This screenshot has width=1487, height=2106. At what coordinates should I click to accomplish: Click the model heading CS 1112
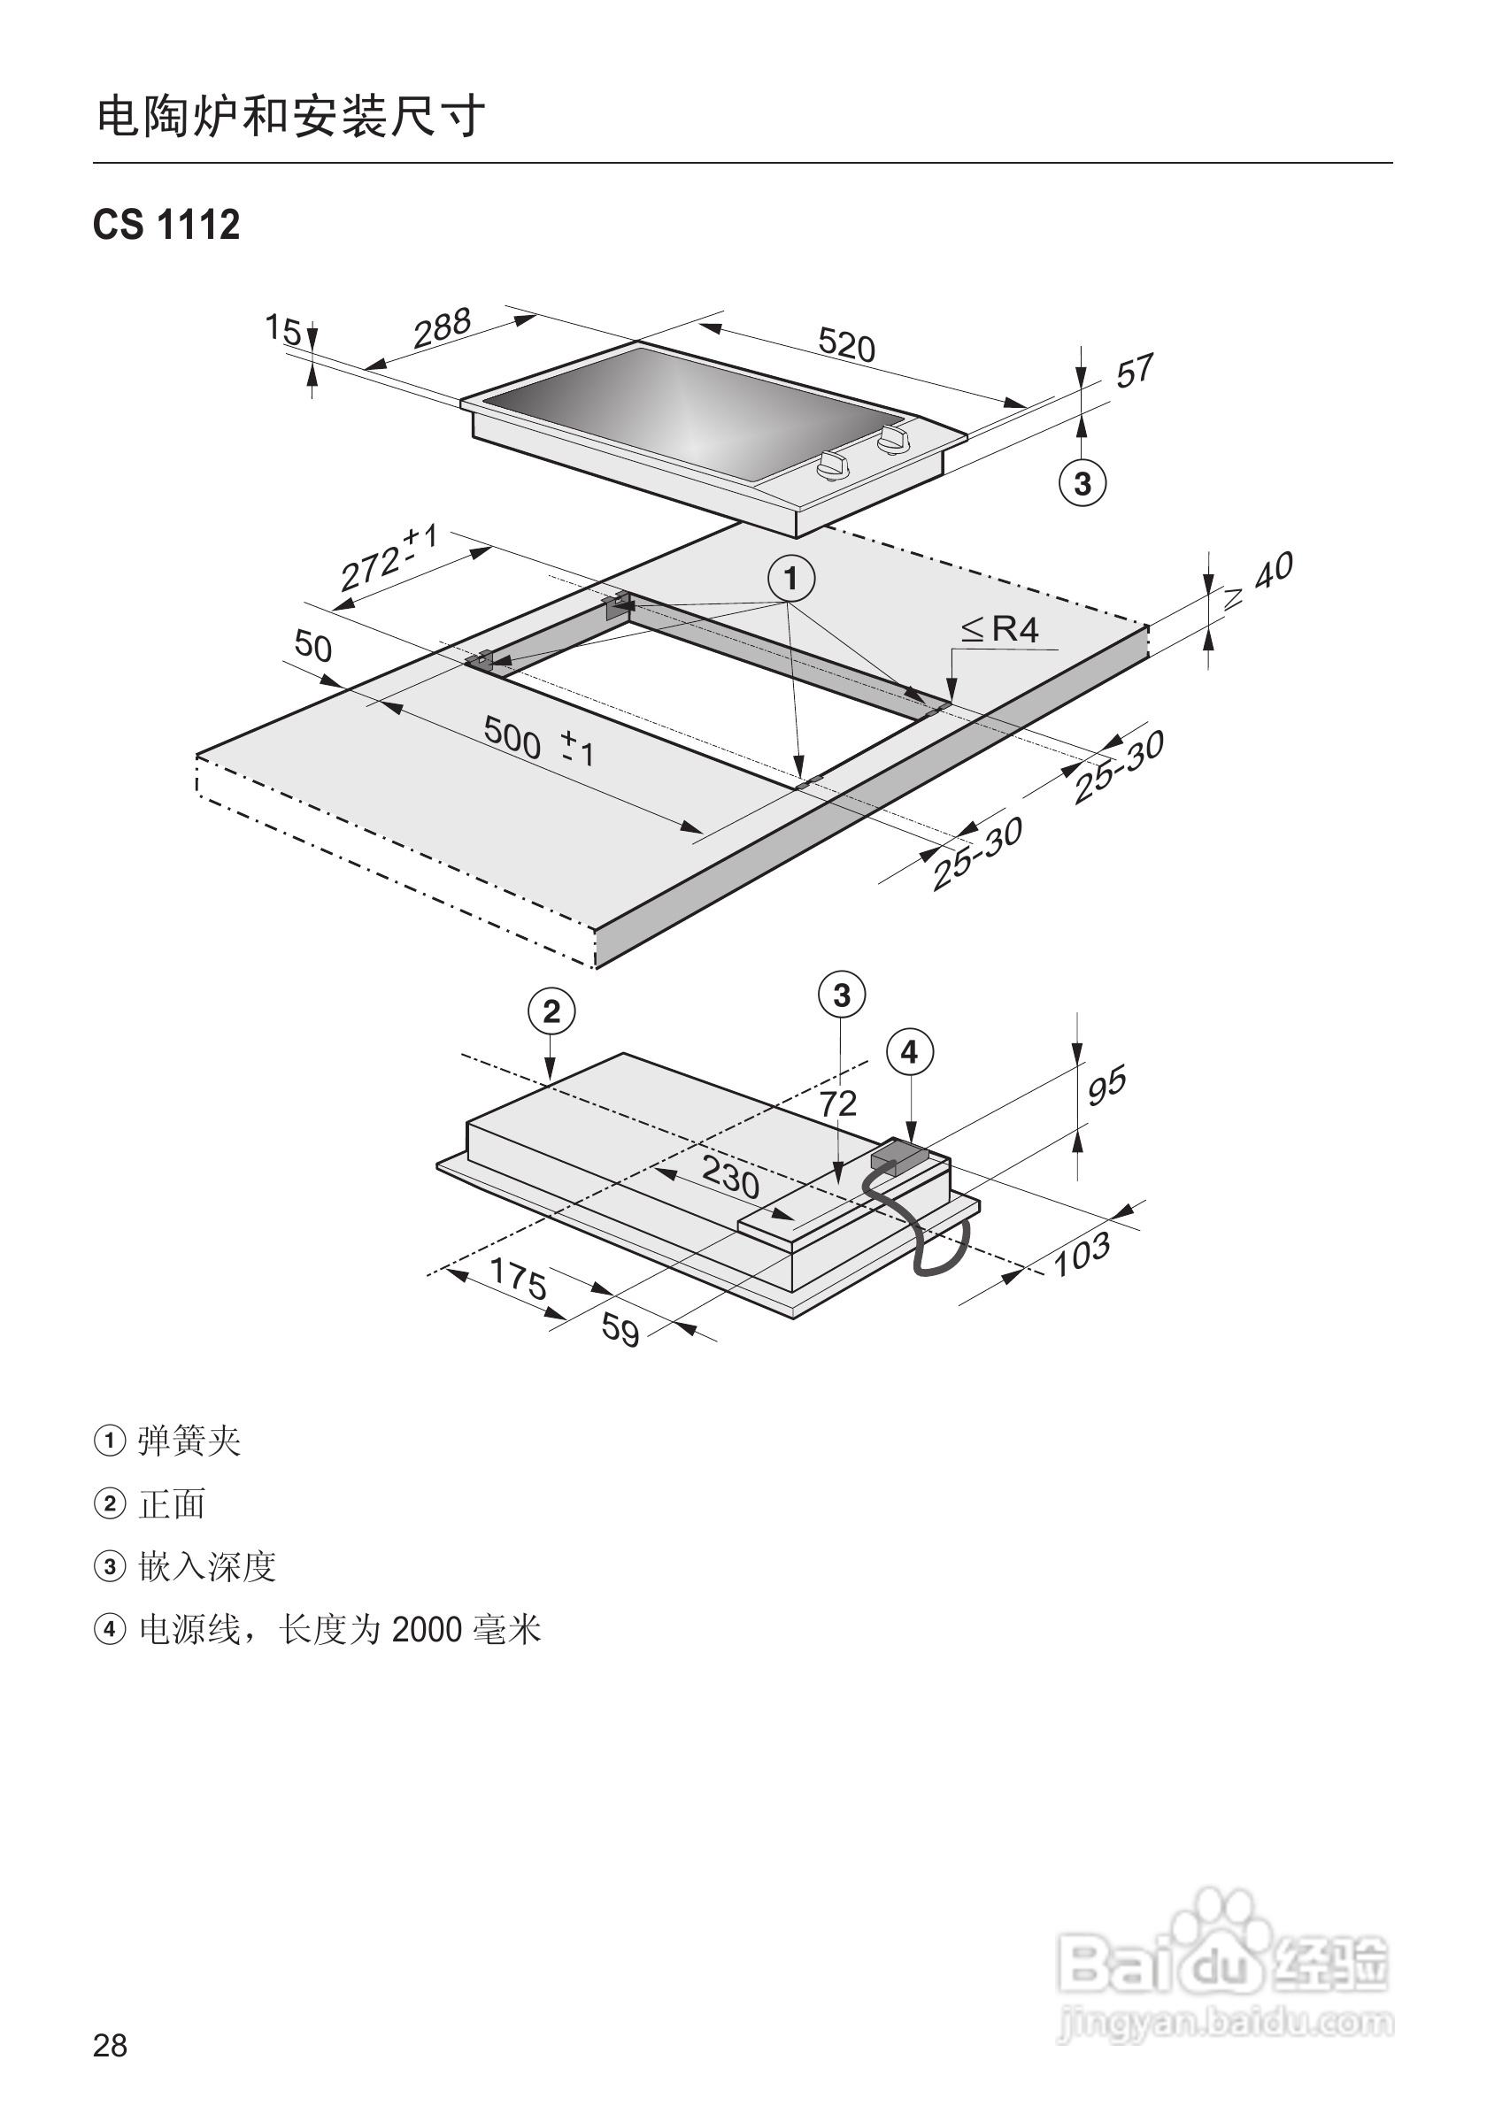pyautogui.click(x=166, y=225)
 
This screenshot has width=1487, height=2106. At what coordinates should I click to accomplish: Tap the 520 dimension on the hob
pyautogui.click(x=846, y=346)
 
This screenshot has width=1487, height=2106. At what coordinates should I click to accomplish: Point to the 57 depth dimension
pyautogui.click(x=1134, y=372)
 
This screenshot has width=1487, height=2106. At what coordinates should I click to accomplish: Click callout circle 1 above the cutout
pyautogui.click(x=790, y=579)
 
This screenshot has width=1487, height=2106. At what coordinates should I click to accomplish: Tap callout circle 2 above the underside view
pyautogui.click(x=551, y=1011)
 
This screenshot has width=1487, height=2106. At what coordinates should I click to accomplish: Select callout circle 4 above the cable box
pyautogui.click(x=909, y=1052)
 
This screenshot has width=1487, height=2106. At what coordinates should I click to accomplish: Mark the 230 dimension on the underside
pyautogui.click(x=730, y=1176)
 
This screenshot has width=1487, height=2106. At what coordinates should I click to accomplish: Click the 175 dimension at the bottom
pyautogui.click(x=519, y=1278)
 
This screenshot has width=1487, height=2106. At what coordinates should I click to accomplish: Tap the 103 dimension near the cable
pyautogui.click(x=1082, y=1255)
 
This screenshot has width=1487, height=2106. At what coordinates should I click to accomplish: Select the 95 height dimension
pyautogui.click(x=1106, y=1085)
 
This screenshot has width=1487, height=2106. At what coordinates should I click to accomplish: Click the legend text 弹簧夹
pyautogui.click(x=189, y=1441)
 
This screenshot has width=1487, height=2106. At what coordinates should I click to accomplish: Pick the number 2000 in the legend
pyautogui.click(x=427, y=1630)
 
